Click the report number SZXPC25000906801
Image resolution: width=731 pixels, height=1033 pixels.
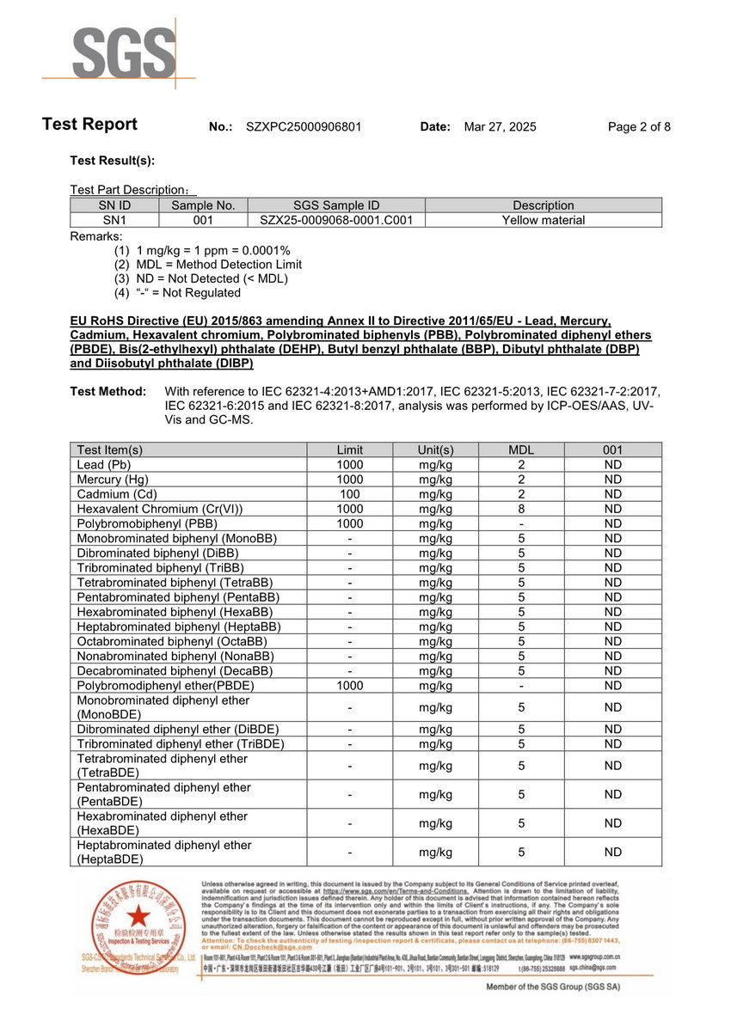tap(304, 127)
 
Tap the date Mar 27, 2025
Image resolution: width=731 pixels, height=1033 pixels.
tap(500, 127)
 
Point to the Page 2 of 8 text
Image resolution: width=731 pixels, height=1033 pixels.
tap(639, 127)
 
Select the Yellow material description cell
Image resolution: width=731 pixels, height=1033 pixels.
tap(544, 220)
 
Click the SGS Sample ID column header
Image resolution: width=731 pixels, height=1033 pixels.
tap(336, 205)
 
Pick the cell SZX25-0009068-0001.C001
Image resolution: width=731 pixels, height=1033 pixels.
tap(336, 220)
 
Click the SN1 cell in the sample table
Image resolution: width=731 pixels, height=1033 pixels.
tap(114, 220)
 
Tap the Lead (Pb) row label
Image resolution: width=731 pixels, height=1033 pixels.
tap(103, 465)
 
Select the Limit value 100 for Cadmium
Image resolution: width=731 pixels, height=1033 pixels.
tap(350, 494)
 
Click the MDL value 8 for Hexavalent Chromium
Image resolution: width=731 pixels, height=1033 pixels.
tap(521, 509)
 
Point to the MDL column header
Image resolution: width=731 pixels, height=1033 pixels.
tap(521, 449)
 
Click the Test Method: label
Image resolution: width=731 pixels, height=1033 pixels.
tap(107, 392)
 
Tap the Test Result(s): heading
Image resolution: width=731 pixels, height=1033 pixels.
tap(112, 161)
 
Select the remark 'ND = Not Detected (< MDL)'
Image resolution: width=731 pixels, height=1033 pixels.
tap(212, 278)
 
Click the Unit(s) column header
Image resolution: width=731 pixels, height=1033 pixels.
tap(436, 449)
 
